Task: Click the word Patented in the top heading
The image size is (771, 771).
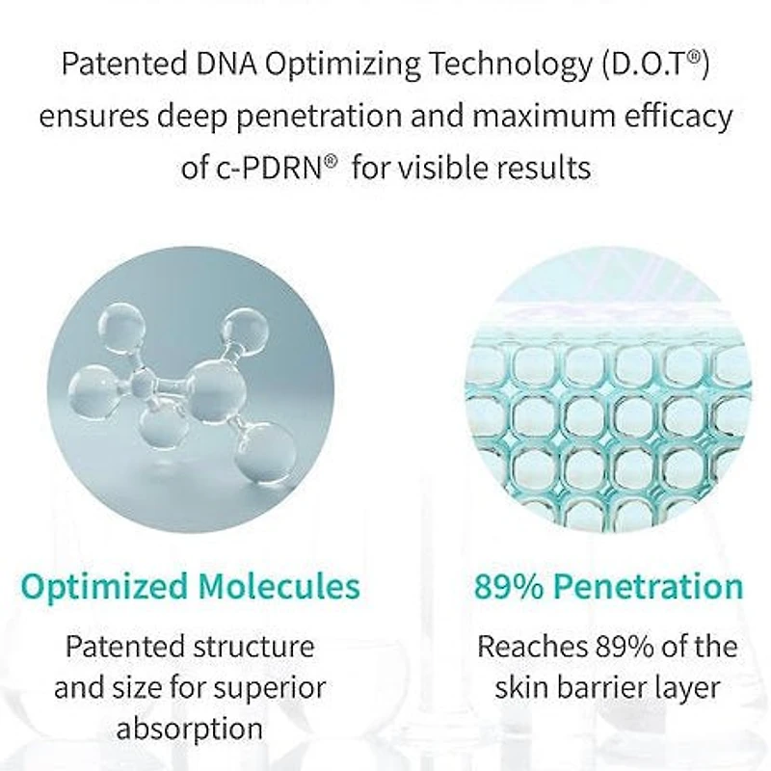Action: coord(124,64)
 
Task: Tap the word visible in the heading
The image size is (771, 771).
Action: coord(442,167)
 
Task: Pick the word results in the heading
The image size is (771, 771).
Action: coord(543,167)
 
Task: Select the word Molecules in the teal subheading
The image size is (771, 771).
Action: coord(279,586)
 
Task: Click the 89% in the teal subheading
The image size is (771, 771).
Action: coord(509,587)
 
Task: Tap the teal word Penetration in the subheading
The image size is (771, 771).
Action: coord(648,587)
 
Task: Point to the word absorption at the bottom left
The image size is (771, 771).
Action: coord(190,730)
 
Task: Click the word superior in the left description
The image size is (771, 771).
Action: coord(270,688)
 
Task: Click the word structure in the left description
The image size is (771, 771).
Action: coord(253,646)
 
